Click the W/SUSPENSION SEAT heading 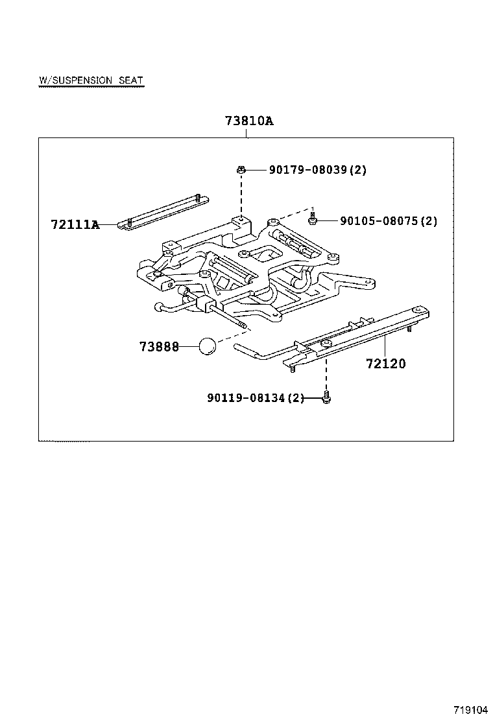(x=91, y=80)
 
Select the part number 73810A (x=249, y=121)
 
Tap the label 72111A (x=75, y=225)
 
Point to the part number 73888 (x=159, y=347)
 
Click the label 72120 (x=385, y=364)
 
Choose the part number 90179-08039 (x=304, y=170)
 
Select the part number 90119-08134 (x=246, y=398)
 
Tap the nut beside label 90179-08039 (x=241, y=170)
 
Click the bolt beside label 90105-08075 (x=313, y=220)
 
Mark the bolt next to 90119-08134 (x=326, y=397)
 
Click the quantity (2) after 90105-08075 (x=429, y=221)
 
